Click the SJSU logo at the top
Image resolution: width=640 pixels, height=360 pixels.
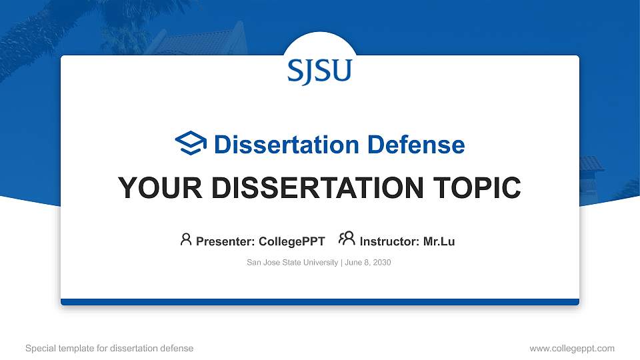coord(319,71)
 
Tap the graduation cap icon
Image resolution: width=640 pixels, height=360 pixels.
coord(191,143)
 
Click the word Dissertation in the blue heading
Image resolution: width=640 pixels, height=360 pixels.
coord(279,145)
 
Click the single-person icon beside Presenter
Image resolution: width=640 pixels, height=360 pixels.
coord(186,239)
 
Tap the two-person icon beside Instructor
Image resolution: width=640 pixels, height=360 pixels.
coord(347,239)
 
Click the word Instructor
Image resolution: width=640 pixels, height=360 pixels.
coord(388,241)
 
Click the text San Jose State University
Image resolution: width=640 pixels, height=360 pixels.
coord(292,263)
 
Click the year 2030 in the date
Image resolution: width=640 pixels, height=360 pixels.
coord(382,263)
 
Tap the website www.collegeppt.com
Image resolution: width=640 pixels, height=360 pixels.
coord(572,348)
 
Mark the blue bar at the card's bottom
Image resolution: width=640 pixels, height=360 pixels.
coord(319,302)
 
